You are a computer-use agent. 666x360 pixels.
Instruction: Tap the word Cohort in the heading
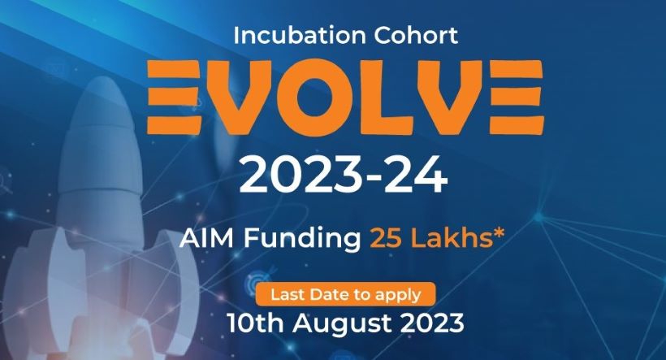tap(416, 35)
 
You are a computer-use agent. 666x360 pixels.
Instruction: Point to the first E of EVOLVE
tap(174, 97)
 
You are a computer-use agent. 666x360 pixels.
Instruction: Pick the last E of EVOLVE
tap(516, 97)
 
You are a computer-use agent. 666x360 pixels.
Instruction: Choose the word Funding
tap(302, 239)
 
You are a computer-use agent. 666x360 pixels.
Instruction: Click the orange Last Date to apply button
tap(345, 294)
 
